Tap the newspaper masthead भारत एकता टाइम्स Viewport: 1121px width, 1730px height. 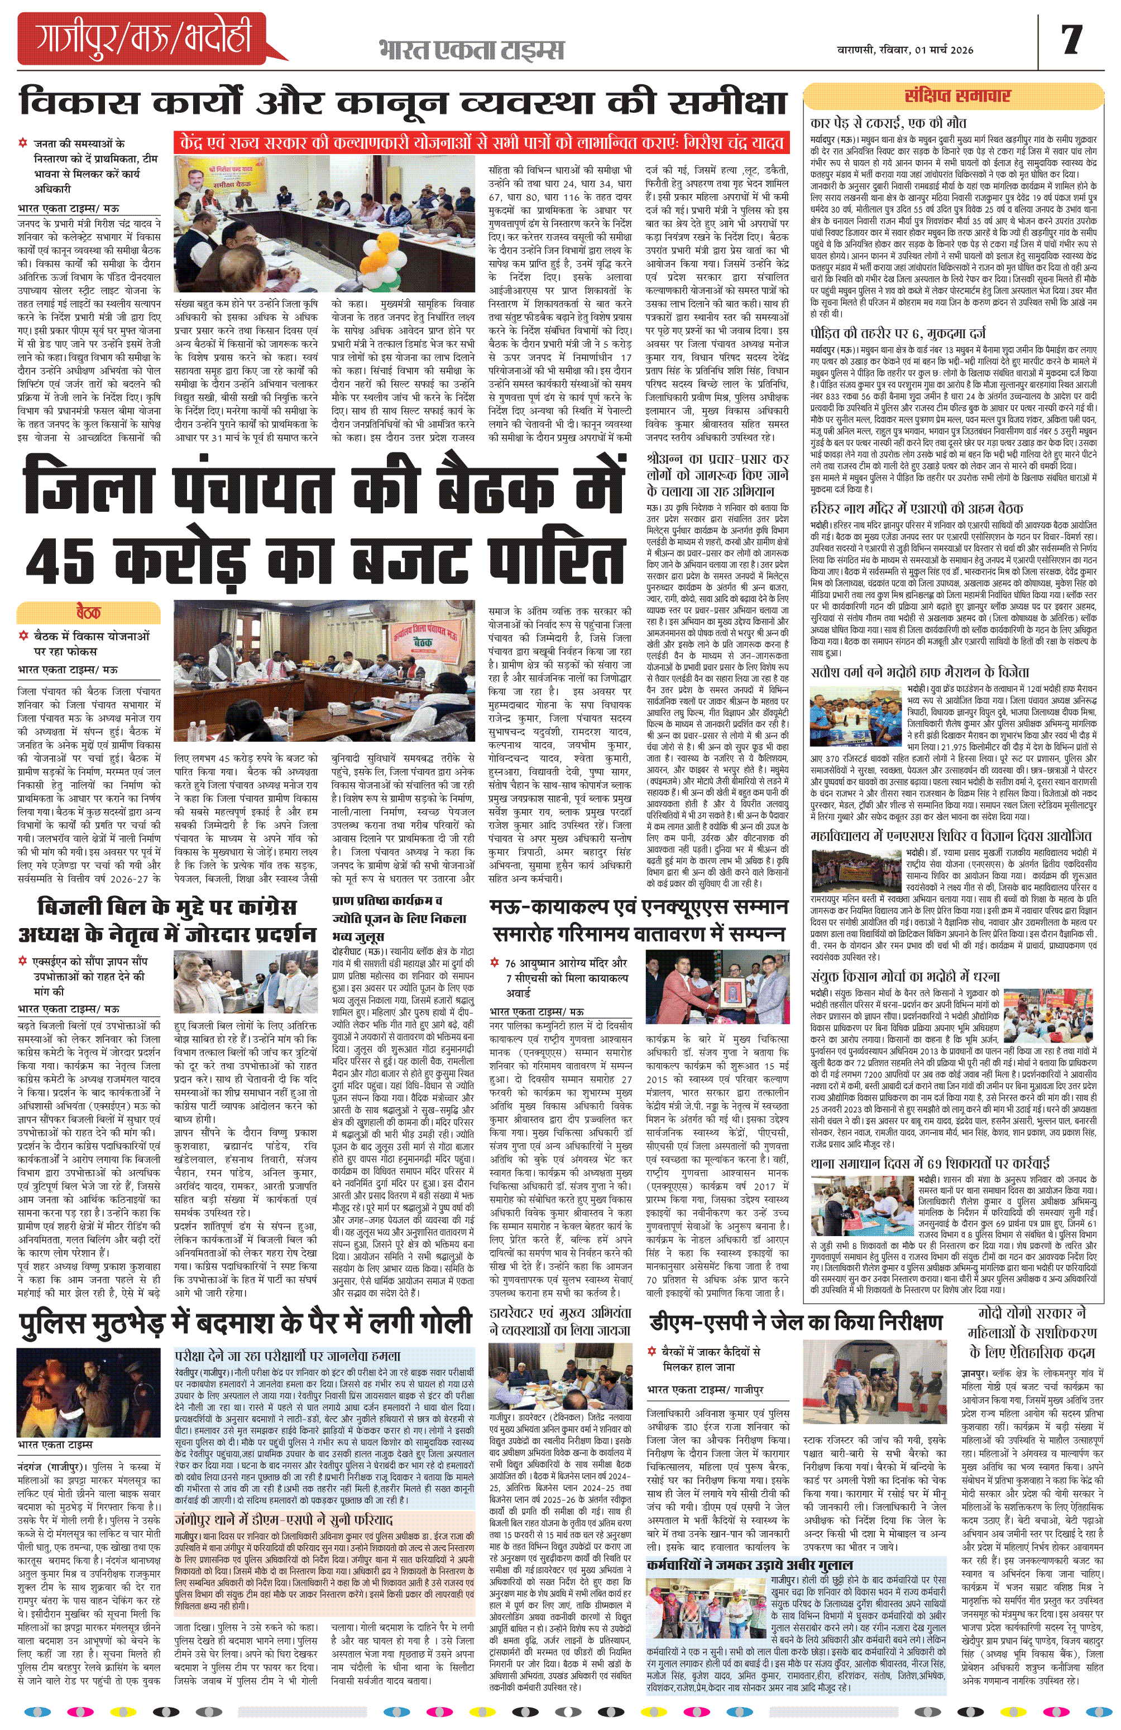(471, 50)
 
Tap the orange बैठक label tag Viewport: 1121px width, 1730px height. (88, 612)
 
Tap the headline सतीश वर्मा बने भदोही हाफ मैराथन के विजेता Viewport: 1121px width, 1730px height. (919, 672)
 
